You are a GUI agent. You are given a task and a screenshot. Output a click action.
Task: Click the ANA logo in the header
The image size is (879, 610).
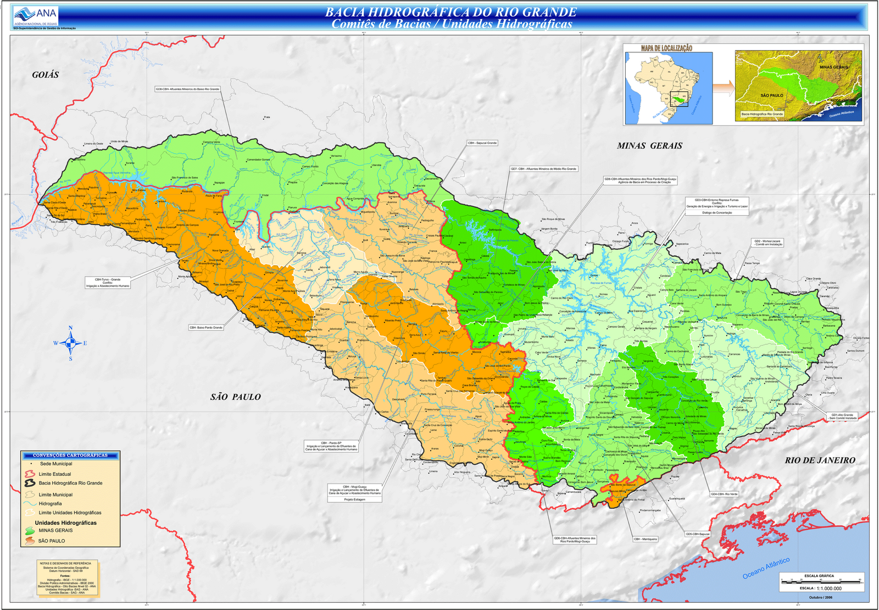[x=36, y=15]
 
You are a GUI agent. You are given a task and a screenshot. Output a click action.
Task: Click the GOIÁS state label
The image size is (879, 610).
[x=46, y=75]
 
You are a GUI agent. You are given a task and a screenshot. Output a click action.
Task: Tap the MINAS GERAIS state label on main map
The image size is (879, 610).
[x=649, y=146]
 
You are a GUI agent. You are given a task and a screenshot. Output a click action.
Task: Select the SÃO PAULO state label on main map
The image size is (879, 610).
[x=235, y=397]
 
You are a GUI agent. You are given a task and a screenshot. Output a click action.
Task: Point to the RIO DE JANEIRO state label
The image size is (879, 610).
[x=820, y=460]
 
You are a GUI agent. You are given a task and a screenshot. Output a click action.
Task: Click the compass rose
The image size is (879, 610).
[x=70, y=343]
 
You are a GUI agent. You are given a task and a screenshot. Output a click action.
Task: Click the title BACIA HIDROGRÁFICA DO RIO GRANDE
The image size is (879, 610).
[x=450, y=12]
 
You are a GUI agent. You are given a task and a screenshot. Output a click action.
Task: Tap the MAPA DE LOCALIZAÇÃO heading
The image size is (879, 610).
[x=666, y=48]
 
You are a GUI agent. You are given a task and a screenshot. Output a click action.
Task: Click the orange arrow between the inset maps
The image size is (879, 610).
[x=723, y=87]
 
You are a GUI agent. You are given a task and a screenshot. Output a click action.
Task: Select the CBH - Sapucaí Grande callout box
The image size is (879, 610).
[x=482, y=143]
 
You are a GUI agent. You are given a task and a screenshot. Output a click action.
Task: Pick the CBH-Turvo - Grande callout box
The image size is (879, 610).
[x=108, y=283]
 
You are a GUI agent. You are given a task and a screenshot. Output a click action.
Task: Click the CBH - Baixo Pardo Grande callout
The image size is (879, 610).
[x=206, y=327]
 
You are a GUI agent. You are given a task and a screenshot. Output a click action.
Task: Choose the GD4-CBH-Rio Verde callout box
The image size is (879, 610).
[x=724, y=494]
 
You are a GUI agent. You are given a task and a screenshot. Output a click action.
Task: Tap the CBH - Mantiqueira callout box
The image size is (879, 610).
[x=645, y=539]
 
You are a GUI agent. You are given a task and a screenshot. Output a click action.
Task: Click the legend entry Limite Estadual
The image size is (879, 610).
[x=54, y=474]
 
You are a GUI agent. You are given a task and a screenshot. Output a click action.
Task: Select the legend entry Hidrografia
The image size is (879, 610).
[x=50, y=504]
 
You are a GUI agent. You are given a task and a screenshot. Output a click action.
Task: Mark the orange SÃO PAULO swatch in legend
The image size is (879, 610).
[x=30, y=541]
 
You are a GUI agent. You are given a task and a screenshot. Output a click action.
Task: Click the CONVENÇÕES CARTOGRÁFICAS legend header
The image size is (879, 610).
[x=70, y=455]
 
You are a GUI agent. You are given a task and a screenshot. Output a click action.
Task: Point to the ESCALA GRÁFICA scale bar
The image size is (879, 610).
[x=821, y=580]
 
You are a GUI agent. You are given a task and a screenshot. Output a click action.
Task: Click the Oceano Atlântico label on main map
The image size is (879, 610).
[x=766, y=568]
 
